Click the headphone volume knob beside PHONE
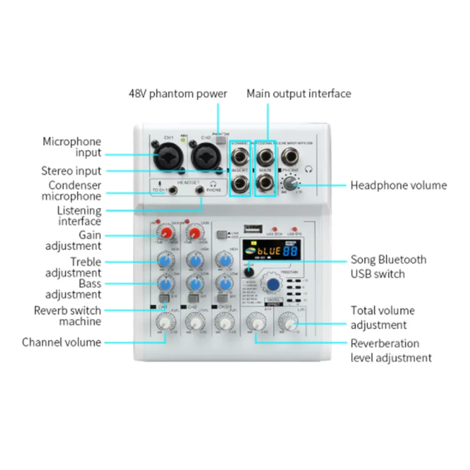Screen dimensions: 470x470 (289, 184)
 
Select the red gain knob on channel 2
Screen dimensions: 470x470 (195, 234)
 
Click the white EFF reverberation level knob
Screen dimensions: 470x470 (256, 323)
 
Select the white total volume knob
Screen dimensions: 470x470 (289, 323)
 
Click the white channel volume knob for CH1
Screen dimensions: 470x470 (164, 322)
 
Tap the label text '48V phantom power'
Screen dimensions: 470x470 (177, 93)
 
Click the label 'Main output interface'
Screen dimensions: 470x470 (298, 93)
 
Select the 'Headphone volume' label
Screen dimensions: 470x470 (398, 185)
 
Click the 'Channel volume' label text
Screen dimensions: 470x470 (61, 342)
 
